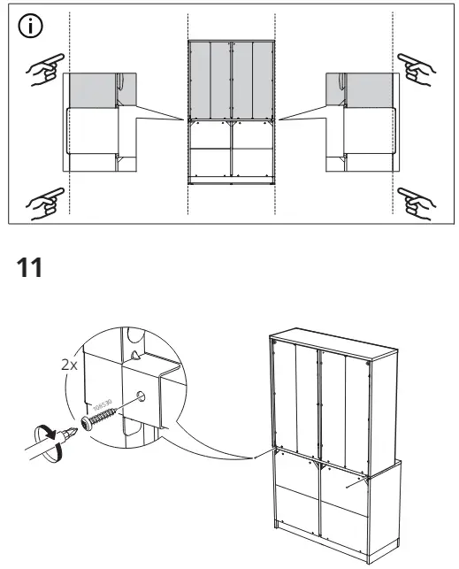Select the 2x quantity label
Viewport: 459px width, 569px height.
[x=68, y=364]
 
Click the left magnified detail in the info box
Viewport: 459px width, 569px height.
[x=93, y=122]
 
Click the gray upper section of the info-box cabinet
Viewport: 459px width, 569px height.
[x=232, y=80]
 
